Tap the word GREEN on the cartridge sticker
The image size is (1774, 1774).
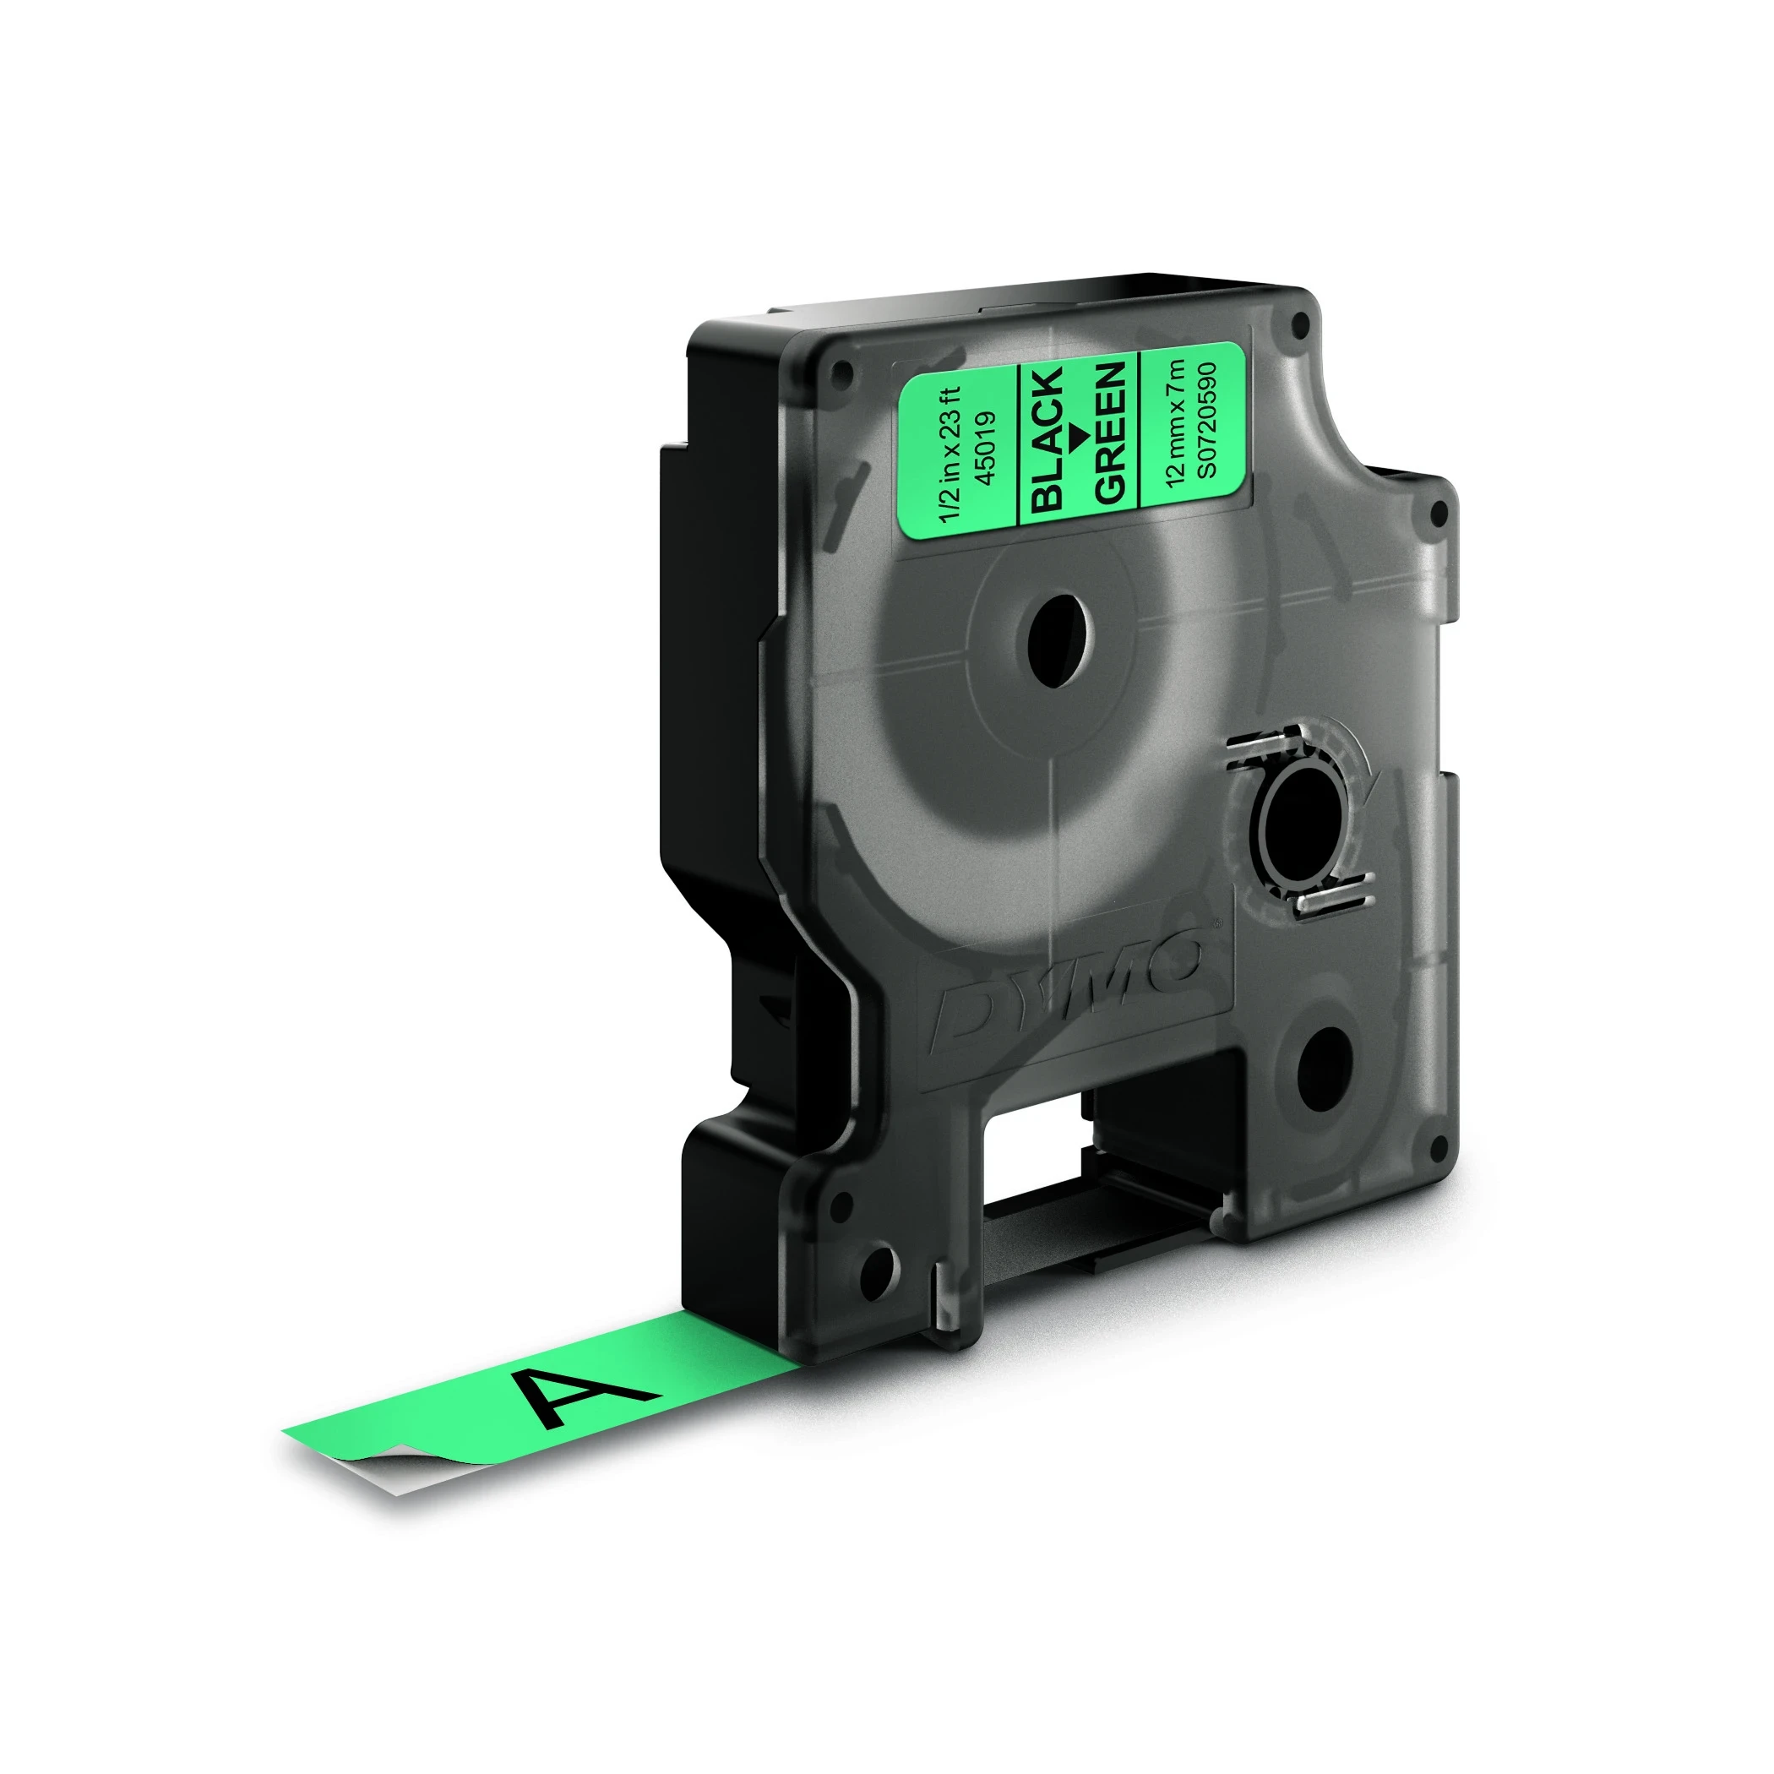[1110, 432]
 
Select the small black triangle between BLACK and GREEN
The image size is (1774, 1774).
[1080, 433]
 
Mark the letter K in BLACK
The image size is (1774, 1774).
[1049, 383]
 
